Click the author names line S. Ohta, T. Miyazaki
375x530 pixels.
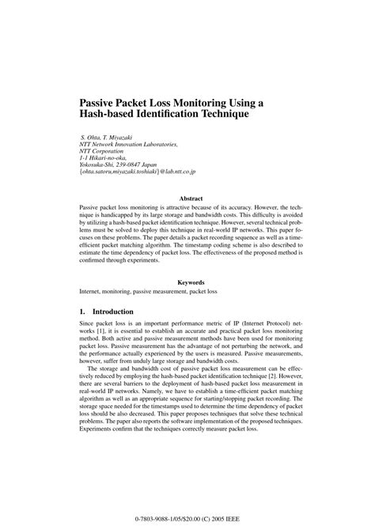pyautogui.click(x=112, y=138)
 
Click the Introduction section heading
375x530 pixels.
pyautogui.click(x=118, y=312)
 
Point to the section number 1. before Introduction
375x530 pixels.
pyautogui.click(x=83, y=312)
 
